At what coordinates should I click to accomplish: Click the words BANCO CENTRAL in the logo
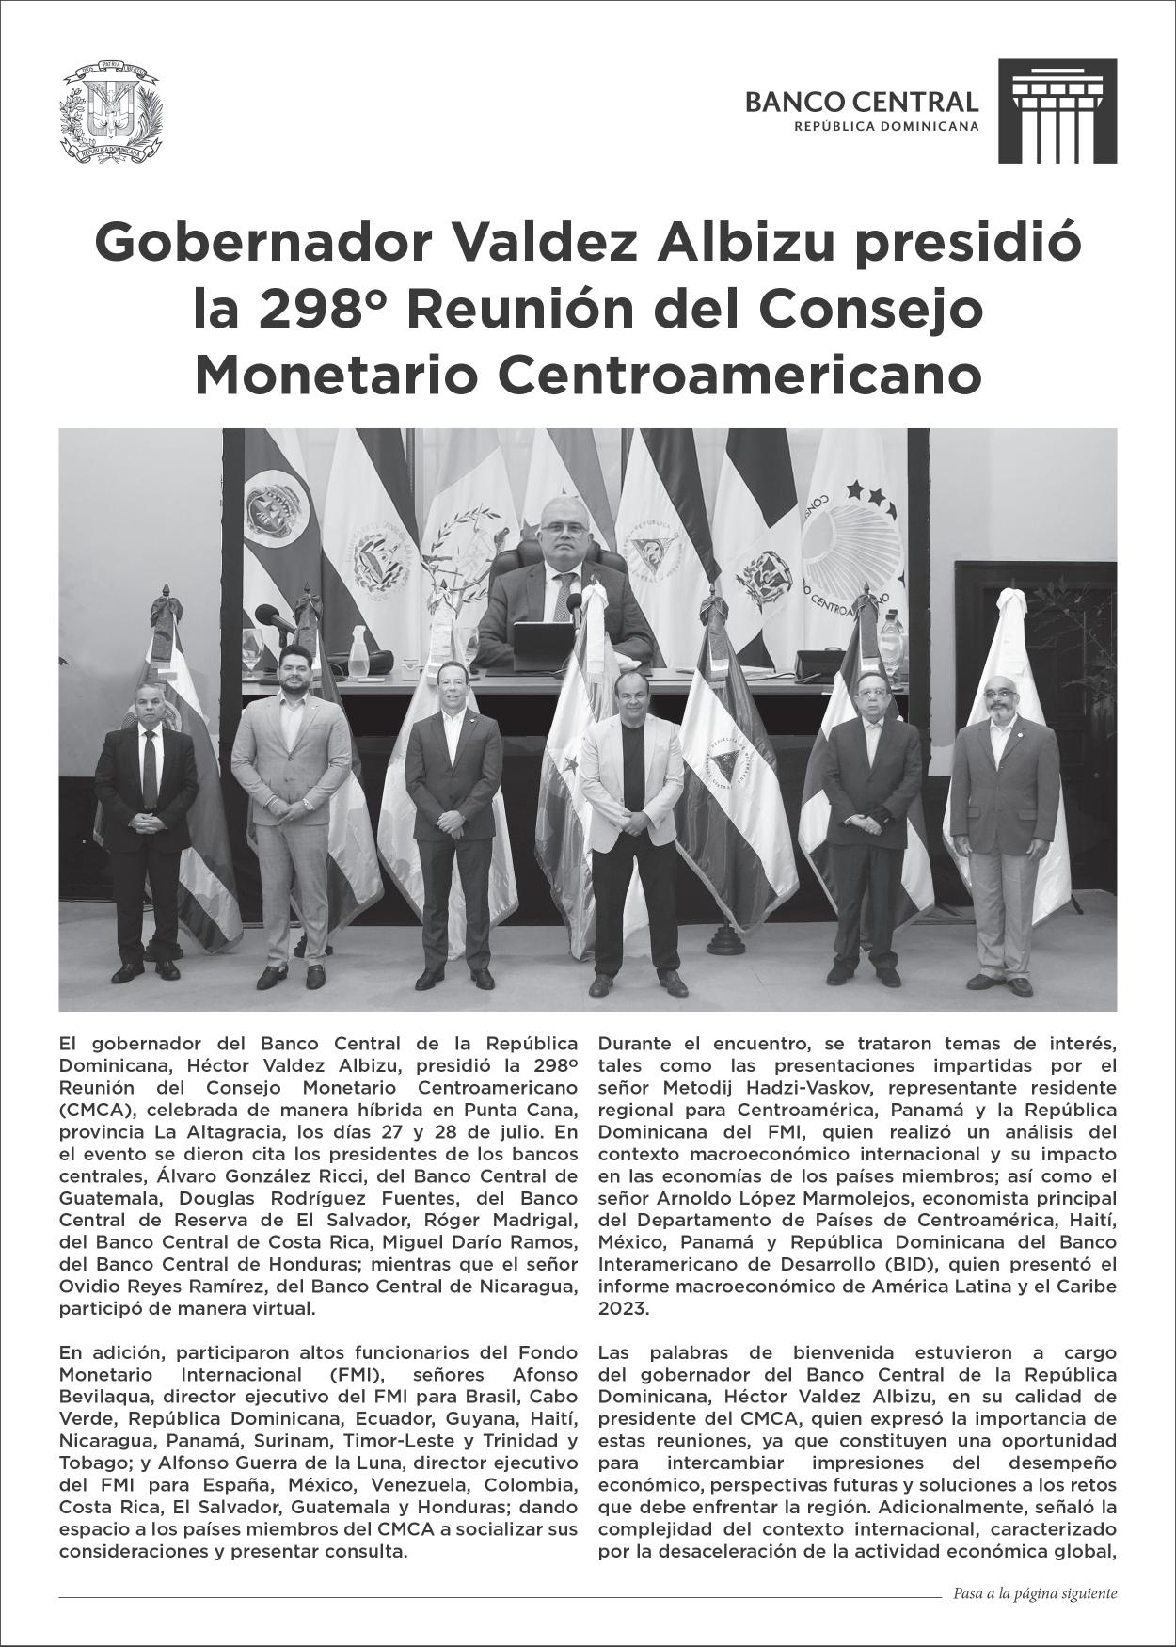(861, 102)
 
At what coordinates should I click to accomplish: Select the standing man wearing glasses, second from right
(867, 800)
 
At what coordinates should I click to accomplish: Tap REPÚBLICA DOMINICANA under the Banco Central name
(886, 125)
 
